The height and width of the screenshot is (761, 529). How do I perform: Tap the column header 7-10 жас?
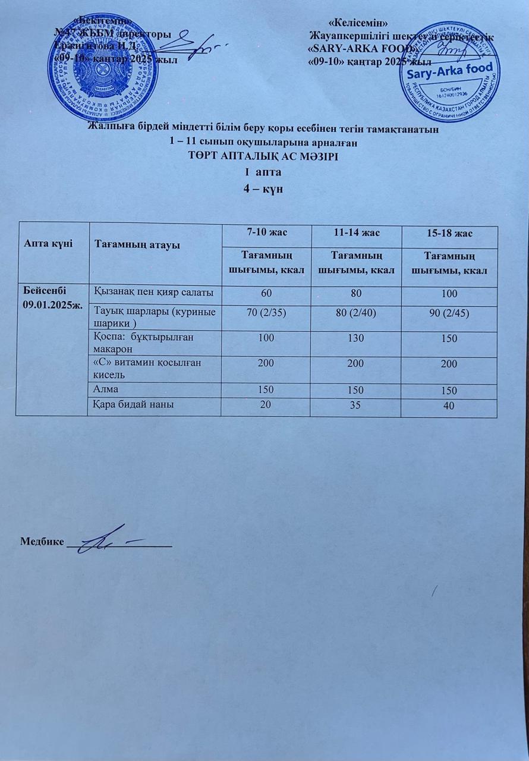pyautogui.click(x=266, y=233)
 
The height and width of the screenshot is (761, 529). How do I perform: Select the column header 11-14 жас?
pyautogui.click(x=356, y=233)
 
